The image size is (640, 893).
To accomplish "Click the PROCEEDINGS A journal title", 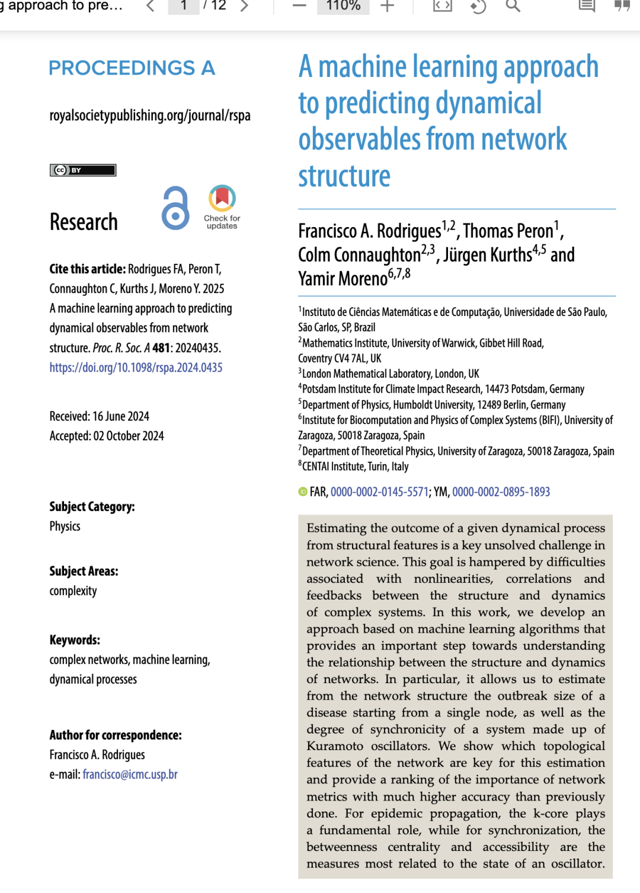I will (132, 68).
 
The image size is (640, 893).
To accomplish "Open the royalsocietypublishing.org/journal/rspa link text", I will (150, 115).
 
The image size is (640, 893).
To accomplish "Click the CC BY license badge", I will (83, 170).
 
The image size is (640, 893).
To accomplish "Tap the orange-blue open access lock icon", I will (175, 208).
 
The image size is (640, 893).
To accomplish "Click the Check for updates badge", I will (222, 207).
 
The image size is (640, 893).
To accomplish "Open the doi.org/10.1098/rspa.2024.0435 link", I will (136, 368).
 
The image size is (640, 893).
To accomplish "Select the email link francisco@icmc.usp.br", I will (130, 774).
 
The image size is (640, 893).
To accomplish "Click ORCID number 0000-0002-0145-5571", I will (379, 492).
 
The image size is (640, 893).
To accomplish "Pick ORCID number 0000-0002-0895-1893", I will (501, 492).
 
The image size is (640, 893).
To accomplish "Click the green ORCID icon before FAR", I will (303, 492).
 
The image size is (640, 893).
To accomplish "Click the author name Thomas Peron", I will (508, 231).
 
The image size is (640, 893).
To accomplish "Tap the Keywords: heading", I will (75, 640).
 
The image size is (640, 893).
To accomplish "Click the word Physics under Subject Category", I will (65, 527).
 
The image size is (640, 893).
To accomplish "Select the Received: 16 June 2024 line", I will (100, 416).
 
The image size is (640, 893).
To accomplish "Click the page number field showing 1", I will (184, 6).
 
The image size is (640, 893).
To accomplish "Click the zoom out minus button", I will (299, 6).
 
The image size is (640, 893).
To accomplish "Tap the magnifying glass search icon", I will (513, 6).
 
